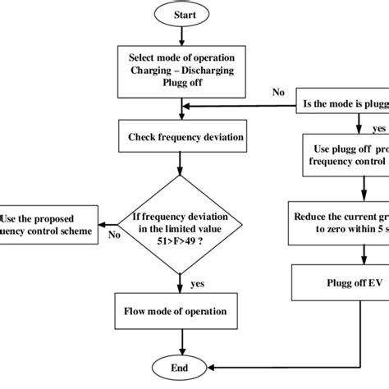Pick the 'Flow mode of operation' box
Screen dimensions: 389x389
tap(177, 311)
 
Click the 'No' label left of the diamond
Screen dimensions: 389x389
tap(114, 234)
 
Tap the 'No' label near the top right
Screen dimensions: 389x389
tap(278, 93)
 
